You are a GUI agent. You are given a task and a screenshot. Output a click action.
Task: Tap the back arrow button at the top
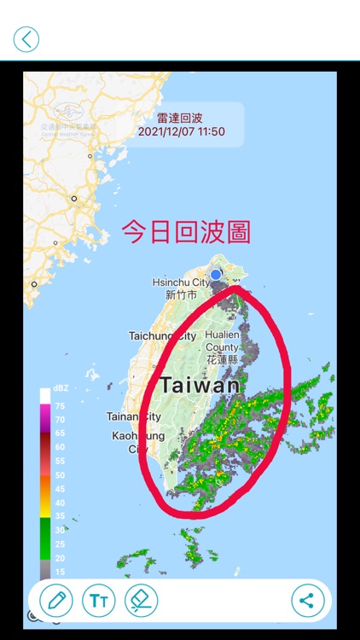click(x=26, y=38)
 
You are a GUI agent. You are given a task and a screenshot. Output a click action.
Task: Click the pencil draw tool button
click(x=56, y=600)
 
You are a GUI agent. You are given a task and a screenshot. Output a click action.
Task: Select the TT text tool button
click(x=98, y=600)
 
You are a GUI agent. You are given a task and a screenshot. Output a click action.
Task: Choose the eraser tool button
click(x=140, y=600)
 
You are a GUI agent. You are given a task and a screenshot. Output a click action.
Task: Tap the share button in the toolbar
click(x=307, y=600)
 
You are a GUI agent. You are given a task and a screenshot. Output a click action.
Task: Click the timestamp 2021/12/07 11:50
click(x=181, y=131)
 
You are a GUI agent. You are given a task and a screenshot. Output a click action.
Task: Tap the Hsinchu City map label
click(x=181, y=282)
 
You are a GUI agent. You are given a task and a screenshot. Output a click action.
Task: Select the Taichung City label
click(x=162, y=336)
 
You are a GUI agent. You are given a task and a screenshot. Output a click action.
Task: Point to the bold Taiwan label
click(x=200, y=385)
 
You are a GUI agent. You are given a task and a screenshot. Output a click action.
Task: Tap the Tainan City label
click(x=134, y=416)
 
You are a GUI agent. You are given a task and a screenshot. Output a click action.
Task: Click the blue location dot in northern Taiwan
click(x=217, y=274)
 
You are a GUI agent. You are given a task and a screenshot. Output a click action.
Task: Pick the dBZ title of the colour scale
click(x=61, y=389)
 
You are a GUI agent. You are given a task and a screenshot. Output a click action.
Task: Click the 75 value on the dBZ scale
click(x=60, y=405)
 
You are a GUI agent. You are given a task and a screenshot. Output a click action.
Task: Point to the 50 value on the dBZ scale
click(x=60, y=474)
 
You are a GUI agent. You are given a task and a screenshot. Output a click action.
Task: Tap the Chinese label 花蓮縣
click(x=224, y=360)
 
